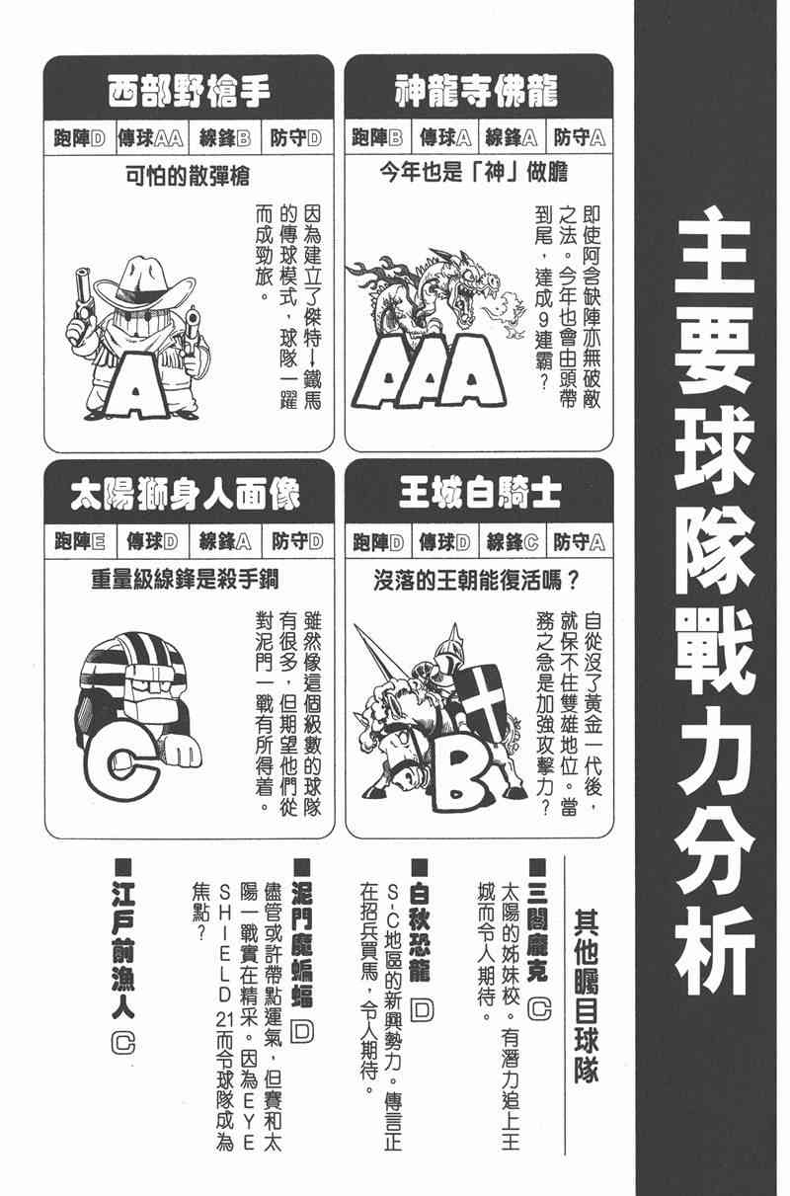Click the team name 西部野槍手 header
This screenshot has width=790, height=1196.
click(x=188, y=93)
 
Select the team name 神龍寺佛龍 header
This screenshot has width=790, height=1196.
click(x=477, y=93)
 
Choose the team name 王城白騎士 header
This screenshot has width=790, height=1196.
click(x=477, y=495)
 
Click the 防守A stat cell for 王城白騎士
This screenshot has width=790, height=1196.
click(x=580, y=542)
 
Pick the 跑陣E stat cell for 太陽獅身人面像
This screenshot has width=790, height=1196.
click(x=80, y=542)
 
